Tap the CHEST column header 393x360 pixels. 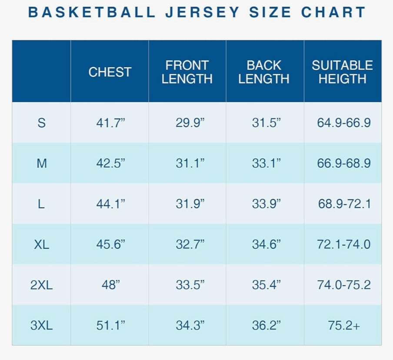point(110,72)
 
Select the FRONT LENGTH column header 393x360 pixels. point(187,72)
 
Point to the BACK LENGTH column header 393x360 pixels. point(264,72)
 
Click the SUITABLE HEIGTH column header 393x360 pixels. point(342,72)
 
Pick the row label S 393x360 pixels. point(41,123)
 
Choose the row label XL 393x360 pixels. point(41,244)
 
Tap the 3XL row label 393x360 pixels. point(41,325)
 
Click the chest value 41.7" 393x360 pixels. point(110,123)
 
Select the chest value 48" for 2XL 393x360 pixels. point(110,285)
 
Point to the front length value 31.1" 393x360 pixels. point(190,163)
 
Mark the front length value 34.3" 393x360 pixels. point(190,325)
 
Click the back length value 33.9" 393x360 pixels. point(266,204)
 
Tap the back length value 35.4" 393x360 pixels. point(266,285)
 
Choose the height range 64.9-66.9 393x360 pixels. point(344,123)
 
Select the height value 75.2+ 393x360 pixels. point(344,325)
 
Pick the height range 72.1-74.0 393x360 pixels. point(344,244)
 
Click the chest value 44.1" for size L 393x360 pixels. point(110,204)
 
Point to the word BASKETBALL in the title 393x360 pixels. point(92,12)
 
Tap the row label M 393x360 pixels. point(41,163)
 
